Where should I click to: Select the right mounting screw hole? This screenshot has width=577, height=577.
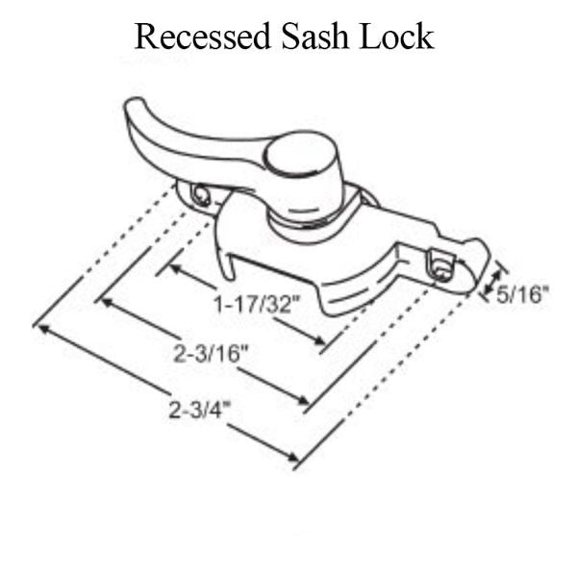point(441,266)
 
